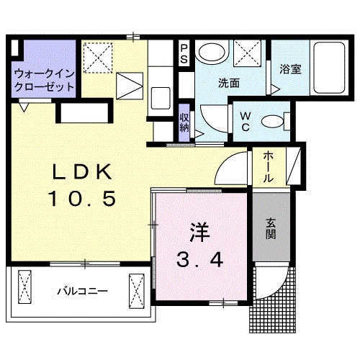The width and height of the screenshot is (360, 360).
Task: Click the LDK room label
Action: click(x=81, y=172)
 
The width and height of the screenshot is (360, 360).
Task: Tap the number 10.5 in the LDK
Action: click(x=81, y=199)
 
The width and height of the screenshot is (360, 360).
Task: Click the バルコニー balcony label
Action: click(x=83, y=292)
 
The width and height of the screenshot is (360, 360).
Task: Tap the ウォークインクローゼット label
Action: click(x=45, y=79)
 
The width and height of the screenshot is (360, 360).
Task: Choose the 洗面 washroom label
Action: click(x=229, y=83)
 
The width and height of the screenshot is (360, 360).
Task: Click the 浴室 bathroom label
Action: click(x=290, y=70)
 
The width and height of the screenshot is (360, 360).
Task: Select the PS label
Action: click(x=184, y=53)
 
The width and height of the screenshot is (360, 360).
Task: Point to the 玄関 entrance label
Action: click(x=271, y=229)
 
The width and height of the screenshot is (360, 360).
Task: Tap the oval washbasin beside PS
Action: click(x=212, y=53)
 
